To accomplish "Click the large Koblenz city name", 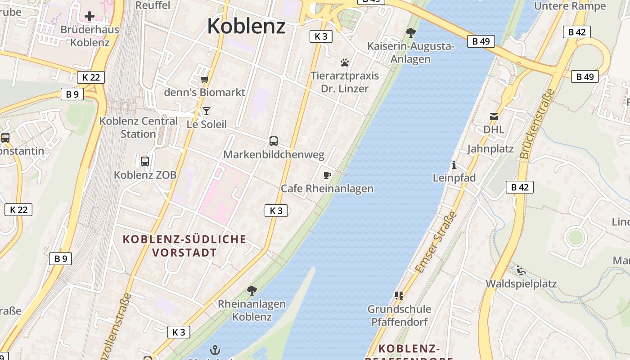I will pos(246,26).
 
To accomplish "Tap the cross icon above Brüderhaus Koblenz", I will pos(90,16).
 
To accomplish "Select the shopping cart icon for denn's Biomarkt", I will pos(205,80).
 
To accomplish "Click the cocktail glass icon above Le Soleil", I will pos(207,111).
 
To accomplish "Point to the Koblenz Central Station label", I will pos(138,127).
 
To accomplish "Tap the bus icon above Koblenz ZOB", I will pos(145,162).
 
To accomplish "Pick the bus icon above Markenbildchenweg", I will pos(274,141).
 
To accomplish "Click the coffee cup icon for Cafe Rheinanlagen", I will pos(327,175).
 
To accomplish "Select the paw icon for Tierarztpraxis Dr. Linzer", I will pos(345,63).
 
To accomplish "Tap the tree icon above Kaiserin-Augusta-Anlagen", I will pos(410,32).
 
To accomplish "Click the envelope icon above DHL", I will pos(494,117).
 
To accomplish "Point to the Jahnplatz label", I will pos(490,149).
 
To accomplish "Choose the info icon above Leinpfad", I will pos(454,165).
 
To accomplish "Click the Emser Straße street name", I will pos(436,242).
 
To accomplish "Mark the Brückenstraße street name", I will pos(537,123).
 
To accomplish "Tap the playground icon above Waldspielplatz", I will pos(521,270).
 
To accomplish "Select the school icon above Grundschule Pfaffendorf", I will pos(399,296).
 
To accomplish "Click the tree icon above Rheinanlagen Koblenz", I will pos(252,290).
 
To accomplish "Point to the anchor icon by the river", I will pos(215,350).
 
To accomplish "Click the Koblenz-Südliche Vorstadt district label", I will pos(184,246).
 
